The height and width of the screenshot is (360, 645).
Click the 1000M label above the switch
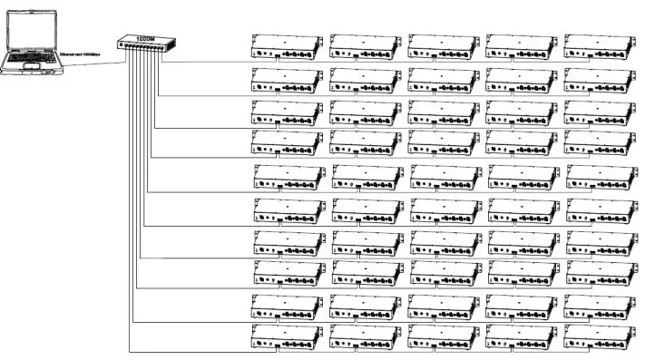point(144,37)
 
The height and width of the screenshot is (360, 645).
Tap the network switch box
point(144,45)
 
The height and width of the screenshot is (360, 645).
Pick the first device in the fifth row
point(289,177)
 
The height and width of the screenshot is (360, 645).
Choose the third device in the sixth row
point(445,210)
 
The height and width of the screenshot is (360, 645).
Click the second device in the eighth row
point(367,273)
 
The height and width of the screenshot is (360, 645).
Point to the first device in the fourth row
point(287,143)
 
